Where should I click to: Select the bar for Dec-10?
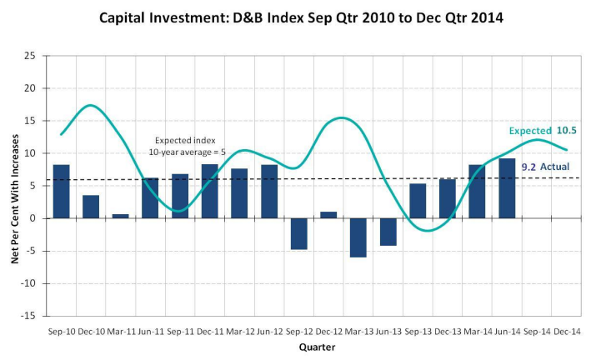pyautogui.click(x=91, y=207)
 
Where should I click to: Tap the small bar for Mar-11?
pyautogui.click(x=121, y=216)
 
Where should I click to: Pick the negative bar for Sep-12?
pyautogui.click(x=299, y=233)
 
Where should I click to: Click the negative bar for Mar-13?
pyautogui.click(x=358, y=237)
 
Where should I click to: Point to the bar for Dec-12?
pyautogui.click(x=328, y=215)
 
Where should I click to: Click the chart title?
pyautogui.click(x=301, y=17)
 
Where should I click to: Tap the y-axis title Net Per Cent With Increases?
pyautogui.click(x=15, y=186)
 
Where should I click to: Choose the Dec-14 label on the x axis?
pyautogui.click(x=567, y=331)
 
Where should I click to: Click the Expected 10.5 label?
pyautogui.click(x=543, y=131)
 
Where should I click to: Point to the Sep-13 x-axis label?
pyautogui.click(x=418, y=331)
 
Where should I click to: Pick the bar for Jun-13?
pyautogui.click(x=388, y=232)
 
